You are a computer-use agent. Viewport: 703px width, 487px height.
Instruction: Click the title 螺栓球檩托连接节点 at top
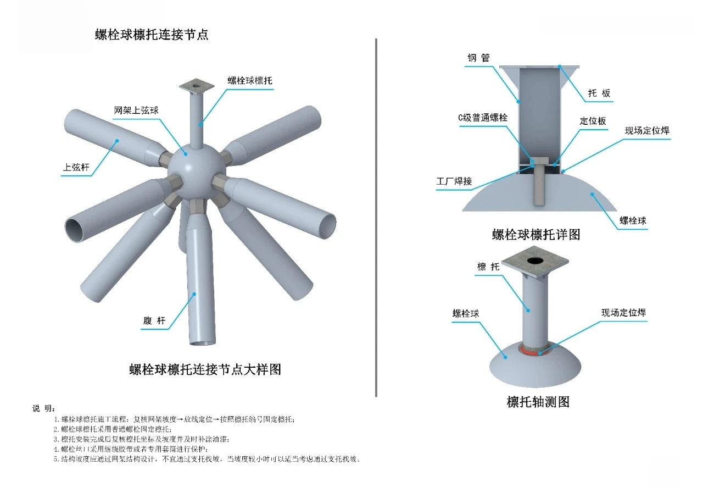pos(152,35)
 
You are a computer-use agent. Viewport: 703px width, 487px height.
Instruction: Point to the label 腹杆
pos(154,321)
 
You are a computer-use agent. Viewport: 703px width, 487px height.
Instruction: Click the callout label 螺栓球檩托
pos(250,80)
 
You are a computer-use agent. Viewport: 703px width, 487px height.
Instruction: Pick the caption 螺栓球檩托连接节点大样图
pos(205,369)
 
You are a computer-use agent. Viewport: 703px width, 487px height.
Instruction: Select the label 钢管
pos(478,58)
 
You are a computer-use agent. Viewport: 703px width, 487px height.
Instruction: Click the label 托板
pos(599,93)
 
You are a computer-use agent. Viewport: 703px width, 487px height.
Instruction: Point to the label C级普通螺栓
pos(483,118)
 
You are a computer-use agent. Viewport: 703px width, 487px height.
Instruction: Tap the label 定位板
pos(593,121)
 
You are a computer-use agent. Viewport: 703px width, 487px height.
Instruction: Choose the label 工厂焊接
pos(454,181)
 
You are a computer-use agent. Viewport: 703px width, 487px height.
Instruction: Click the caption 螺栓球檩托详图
pos(536,235)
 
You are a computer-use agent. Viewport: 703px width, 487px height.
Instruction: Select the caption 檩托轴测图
pos(538,402)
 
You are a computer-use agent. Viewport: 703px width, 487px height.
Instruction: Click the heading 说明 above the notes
pos(43,408)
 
